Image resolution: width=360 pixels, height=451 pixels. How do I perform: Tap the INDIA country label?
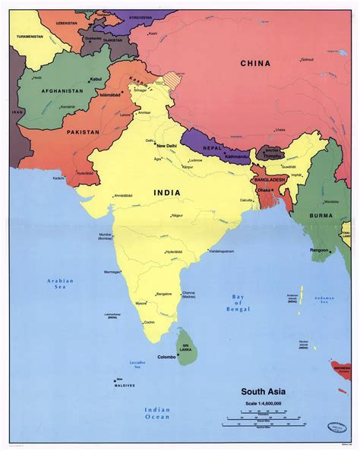point(167,193)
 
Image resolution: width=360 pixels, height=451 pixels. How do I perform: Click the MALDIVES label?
point(125,385)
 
